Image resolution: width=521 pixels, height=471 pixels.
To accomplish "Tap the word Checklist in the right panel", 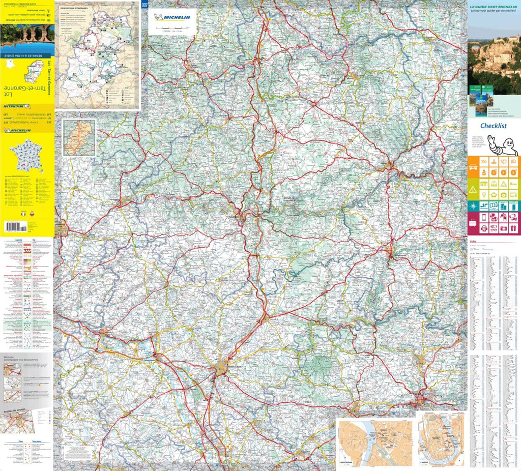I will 493,126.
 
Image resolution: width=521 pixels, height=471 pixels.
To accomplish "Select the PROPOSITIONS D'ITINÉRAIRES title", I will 76,9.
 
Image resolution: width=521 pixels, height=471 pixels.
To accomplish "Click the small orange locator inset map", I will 79,138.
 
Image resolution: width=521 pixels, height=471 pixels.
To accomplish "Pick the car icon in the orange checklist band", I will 473,167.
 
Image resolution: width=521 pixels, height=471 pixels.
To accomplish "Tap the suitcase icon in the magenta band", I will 473,224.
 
